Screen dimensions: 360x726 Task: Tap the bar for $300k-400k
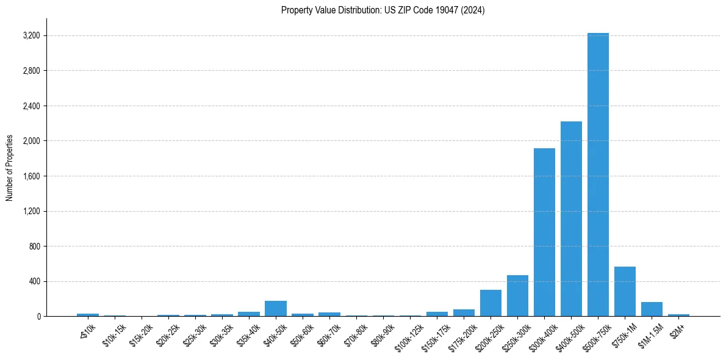click(x=544, y=232)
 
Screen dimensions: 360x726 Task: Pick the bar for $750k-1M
click(x=625, y=292)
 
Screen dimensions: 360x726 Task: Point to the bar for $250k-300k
click(x=517, y=296)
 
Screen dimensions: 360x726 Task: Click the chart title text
click(x=383, y=10)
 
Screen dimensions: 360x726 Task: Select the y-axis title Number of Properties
click(x=10, y=167)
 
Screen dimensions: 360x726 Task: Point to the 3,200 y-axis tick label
click(x=31, y=36)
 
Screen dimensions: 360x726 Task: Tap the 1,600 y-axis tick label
click(x=31, y=176)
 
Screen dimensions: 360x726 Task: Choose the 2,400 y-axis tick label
click(x=31, y=106)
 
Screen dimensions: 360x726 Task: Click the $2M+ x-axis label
click(x=678, y=329)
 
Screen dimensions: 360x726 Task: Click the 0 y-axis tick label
click(x=38, y=317)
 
